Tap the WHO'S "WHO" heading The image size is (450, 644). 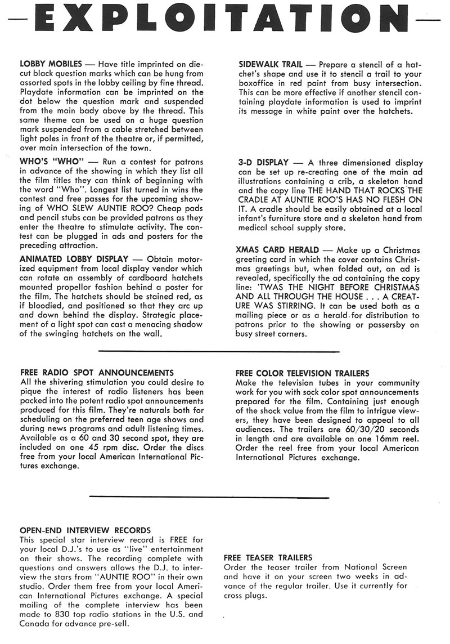51,162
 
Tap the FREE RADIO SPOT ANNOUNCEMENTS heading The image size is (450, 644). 96,373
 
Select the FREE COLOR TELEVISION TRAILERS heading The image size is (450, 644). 302,373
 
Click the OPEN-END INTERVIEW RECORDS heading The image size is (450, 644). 85,530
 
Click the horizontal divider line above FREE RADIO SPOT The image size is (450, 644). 219,351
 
